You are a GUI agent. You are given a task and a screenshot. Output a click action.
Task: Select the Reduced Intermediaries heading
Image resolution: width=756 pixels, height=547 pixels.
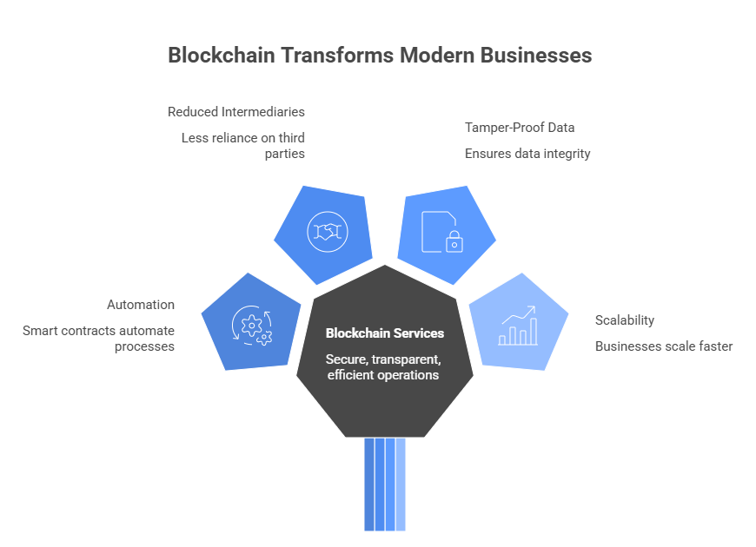pyautogui.click(x=235, y=112)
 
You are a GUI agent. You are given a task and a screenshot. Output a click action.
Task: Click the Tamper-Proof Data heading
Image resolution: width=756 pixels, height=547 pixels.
pyautogui.click(x=520, y=128)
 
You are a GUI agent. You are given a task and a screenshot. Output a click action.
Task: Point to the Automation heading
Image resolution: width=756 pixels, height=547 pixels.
pyautogui.click(x=141, y=305)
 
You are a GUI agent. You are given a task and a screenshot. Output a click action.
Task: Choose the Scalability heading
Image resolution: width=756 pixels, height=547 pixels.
pyautogui.click(x=625, y=320)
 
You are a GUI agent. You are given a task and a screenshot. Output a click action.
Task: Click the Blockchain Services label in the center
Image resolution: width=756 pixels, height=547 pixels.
pyautogui.click(x=385, y=333)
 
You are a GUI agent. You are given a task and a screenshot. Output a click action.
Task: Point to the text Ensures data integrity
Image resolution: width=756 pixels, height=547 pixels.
pyautogui.click(x=527, y=154)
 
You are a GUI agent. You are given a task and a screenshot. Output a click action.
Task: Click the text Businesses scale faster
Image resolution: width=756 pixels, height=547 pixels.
pyautogui.click(x=664, y=346)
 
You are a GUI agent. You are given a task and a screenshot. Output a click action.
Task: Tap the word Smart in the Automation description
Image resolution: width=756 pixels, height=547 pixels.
pyautogui.click(x=40, y=331)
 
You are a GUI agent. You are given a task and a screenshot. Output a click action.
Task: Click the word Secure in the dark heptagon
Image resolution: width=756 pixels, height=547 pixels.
pyautogui.click(x=345, y=359)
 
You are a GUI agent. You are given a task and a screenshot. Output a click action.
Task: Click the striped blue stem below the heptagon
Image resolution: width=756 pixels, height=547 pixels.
pyautogui.click(x=385, y=484)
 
